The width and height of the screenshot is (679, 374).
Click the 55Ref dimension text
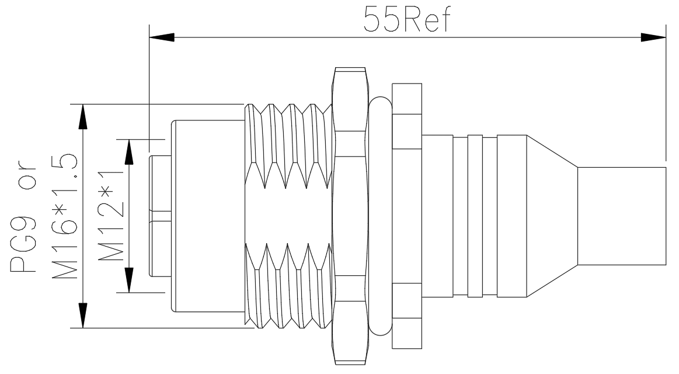coord(407,19)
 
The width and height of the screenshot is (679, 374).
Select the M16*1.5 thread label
coord(65,216)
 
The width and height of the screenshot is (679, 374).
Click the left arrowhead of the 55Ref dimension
coord(162,38)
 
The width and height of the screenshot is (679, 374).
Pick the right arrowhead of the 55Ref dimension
coord(653,38)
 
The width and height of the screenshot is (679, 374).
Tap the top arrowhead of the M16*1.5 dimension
coord(82,117)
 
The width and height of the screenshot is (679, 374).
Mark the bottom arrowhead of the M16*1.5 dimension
coord(82,315)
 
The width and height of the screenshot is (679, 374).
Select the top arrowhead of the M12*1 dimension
coord(129,152)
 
